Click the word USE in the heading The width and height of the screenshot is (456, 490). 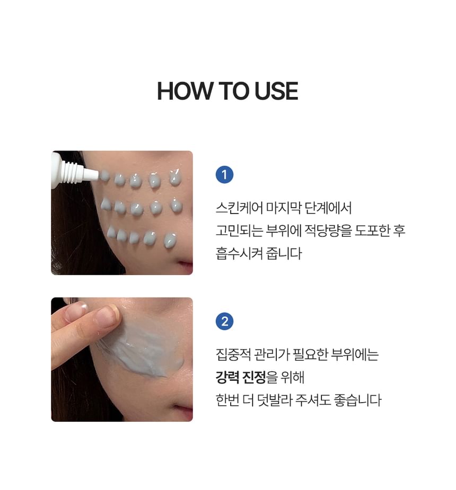pos(276,91)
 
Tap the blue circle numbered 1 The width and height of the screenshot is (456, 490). pos(225,174)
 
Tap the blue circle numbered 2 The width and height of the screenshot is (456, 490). pos(225,321)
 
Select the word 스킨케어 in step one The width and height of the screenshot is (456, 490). pos(239,208)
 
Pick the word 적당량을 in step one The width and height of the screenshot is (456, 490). pos(328,230)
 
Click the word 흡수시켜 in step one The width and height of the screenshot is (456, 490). pos(239,253)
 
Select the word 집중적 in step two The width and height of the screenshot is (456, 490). pos(233,354)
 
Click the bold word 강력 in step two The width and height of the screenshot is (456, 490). pos(227,377)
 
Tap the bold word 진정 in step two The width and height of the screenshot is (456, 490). pos(255,377)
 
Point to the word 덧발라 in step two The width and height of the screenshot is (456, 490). pos(275,400)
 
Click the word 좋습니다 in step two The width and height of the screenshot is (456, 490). pos(358,400)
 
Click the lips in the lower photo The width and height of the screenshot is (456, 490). pos(185,412)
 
